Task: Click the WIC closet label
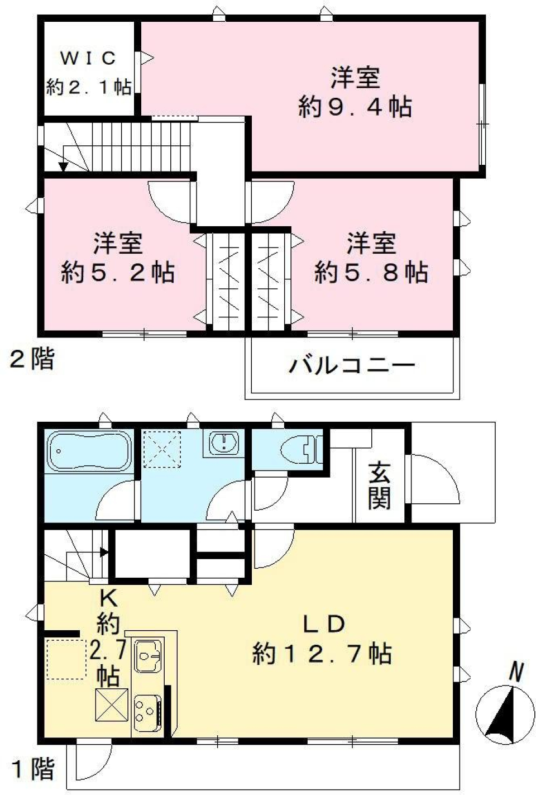[88, 58]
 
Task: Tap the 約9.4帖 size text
[355, 106]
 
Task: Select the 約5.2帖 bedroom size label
[117, 272]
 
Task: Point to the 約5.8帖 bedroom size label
[371, 272]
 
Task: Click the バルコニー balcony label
[352, 365]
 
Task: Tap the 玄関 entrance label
[379, 487]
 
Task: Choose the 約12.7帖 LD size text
[322, 653]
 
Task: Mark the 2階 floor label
[32, 359]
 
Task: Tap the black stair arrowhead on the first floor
[104, 552]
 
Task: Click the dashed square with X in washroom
[162, 449]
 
